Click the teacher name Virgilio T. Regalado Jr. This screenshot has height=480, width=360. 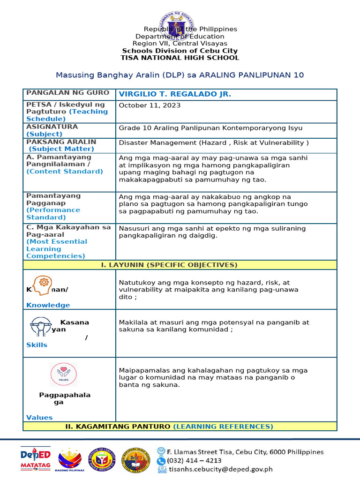tap(175, 94)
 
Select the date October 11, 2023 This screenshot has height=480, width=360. tap(150, 105)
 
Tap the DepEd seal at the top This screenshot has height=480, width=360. tap(180, 23)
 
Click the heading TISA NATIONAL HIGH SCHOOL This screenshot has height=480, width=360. tap(180, 58)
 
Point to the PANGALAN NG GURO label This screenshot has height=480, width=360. tap(68, 93)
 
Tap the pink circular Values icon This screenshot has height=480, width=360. tap(63, 375)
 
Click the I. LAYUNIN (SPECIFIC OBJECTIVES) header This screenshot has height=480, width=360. tap(180, 265)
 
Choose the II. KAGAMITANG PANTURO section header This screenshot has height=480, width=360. tap(180, 427)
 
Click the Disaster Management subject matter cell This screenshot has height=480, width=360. tap(214, 143)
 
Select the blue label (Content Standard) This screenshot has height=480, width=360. tap(65, 172)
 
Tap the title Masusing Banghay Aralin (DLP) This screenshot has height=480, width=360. tap(180, 75)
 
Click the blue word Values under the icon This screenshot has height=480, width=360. tap(39, 417)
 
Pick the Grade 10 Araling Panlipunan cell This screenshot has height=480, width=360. tap(210, 128)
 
